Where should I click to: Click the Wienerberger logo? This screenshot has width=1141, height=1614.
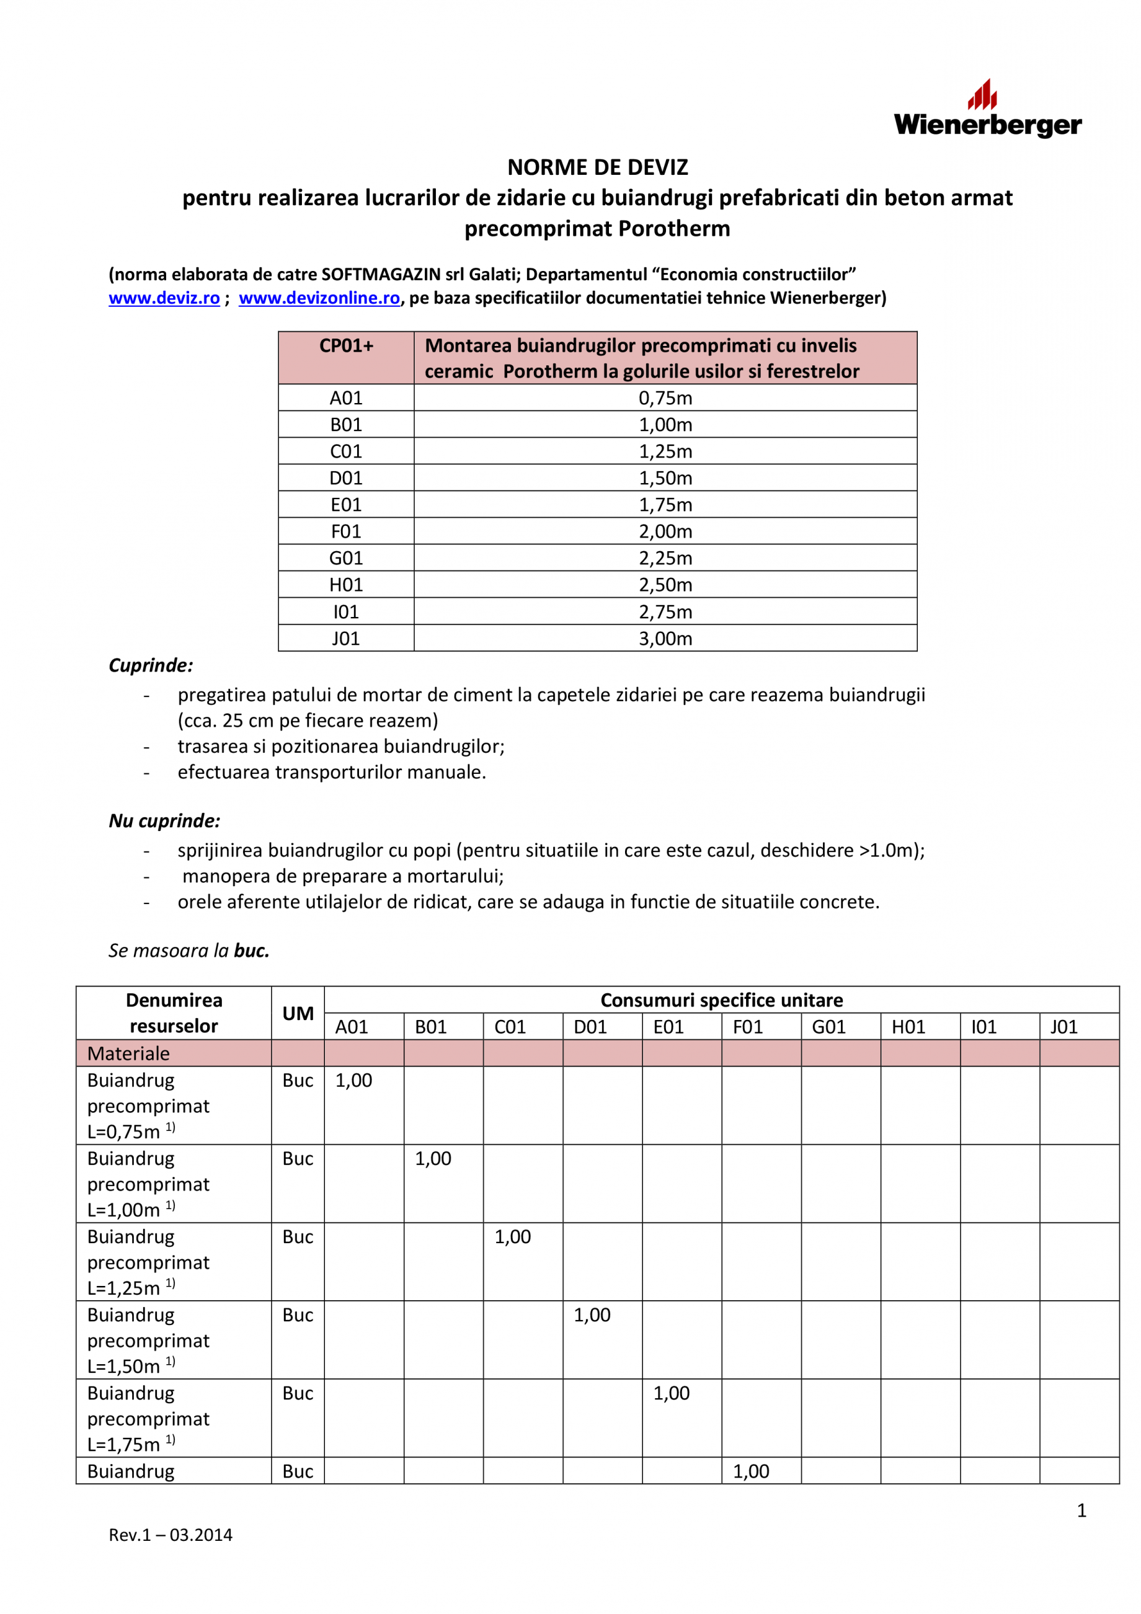pyautogui.click(x=987, y=110)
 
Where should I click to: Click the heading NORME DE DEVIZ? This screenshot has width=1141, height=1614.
pyautogui.click(x=598, y=167)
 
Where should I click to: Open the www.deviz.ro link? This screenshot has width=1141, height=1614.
pyautogui.click(x=164, y=298)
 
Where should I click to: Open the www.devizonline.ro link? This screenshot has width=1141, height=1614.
pyautogui.click(x=319, y=298)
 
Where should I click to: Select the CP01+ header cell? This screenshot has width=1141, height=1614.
pyautogui.click(x=346, y=346)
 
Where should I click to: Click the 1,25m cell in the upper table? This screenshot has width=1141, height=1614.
pyautogui.click(x=665, y=451)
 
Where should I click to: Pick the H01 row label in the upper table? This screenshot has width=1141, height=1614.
pyautogui.click(x=346, y=585)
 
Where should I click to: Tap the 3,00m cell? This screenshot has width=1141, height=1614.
pyautogui.click(x=665, y=638)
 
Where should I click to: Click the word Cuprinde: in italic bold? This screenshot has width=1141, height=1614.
pyautogui.click(x=151, y=665)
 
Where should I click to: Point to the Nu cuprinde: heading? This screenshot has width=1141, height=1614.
pyautogui.click(x=164, y=820)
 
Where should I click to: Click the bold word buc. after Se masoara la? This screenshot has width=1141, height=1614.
pyautogui.click(x=252, y=951)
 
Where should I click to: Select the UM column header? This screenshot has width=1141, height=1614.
pyautogui.click(x=298, y=1013)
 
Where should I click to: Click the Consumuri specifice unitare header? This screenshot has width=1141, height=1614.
pyautogui.click(x=721, y=1000)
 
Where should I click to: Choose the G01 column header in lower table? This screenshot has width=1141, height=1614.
pyautogui.click(x=828, y=1027)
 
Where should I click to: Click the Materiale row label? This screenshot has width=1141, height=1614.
pyautogui.click(x=128, y=1053)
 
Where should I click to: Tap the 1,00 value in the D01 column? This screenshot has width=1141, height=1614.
pyautogui.click(x=592, y=1315)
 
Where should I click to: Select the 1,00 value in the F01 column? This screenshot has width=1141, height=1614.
pyautogui.click(x=751, y=1471)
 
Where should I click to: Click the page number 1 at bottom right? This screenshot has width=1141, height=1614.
pyautogui.click(x=1081, y=1510)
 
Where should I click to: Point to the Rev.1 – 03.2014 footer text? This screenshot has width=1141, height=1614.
pyautogui.click(x=170, y=1535)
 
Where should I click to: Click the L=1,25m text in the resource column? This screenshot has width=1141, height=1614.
pyautogui.click(x=124, y=1288)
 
